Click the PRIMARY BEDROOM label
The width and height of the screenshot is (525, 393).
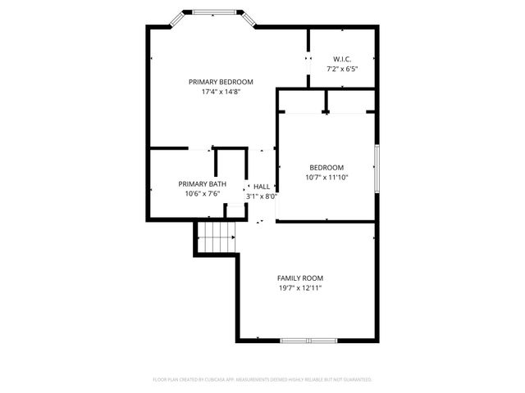(x=221, y=82)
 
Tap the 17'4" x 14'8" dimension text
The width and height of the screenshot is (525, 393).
(x=221, y=92)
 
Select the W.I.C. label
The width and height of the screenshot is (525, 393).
(x=342, y=59)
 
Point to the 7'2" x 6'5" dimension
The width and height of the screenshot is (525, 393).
(x=342, y=69)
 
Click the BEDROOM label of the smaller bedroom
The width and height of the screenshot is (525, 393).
(x=326, y=167)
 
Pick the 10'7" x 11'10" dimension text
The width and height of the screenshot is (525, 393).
(x=326, y=177)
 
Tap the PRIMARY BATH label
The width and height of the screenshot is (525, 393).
(x=202, y=183)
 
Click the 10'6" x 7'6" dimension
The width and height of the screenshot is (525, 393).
(x=202, y=194)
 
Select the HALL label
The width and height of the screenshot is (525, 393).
(x=262, y=187)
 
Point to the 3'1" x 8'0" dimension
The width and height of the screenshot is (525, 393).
(x=262, y=196)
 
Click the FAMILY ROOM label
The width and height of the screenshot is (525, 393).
(x=299, y=278)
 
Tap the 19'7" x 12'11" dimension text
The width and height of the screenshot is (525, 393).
(x=299, y=288)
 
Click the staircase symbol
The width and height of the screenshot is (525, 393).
(x=217, y=239)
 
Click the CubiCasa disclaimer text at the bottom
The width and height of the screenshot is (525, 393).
(x=262, y=380)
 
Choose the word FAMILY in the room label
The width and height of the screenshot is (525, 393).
(x=288, y=278)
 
